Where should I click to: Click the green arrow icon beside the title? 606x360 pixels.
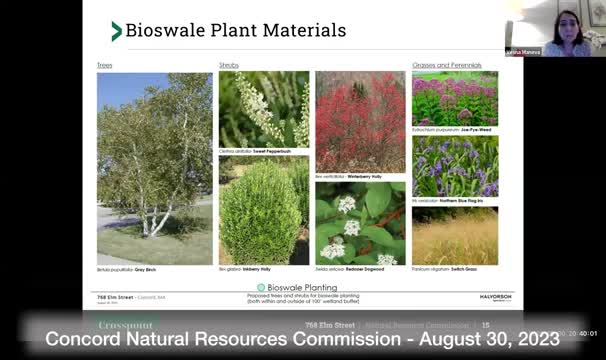[117, 31]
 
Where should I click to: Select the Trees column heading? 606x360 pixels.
[104, 65]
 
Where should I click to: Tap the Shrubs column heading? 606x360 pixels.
[229, 65]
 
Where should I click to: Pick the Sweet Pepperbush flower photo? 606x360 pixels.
[264, 109]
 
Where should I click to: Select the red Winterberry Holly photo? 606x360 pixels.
[360, 121]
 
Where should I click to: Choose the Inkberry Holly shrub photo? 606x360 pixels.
[264, 210]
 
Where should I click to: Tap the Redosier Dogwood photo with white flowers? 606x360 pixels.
[360, 223]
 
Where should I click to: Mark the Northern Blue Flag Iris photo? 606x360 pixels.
[455, 166]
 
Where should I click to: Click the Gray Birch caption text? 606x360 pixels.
[120, 271]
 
